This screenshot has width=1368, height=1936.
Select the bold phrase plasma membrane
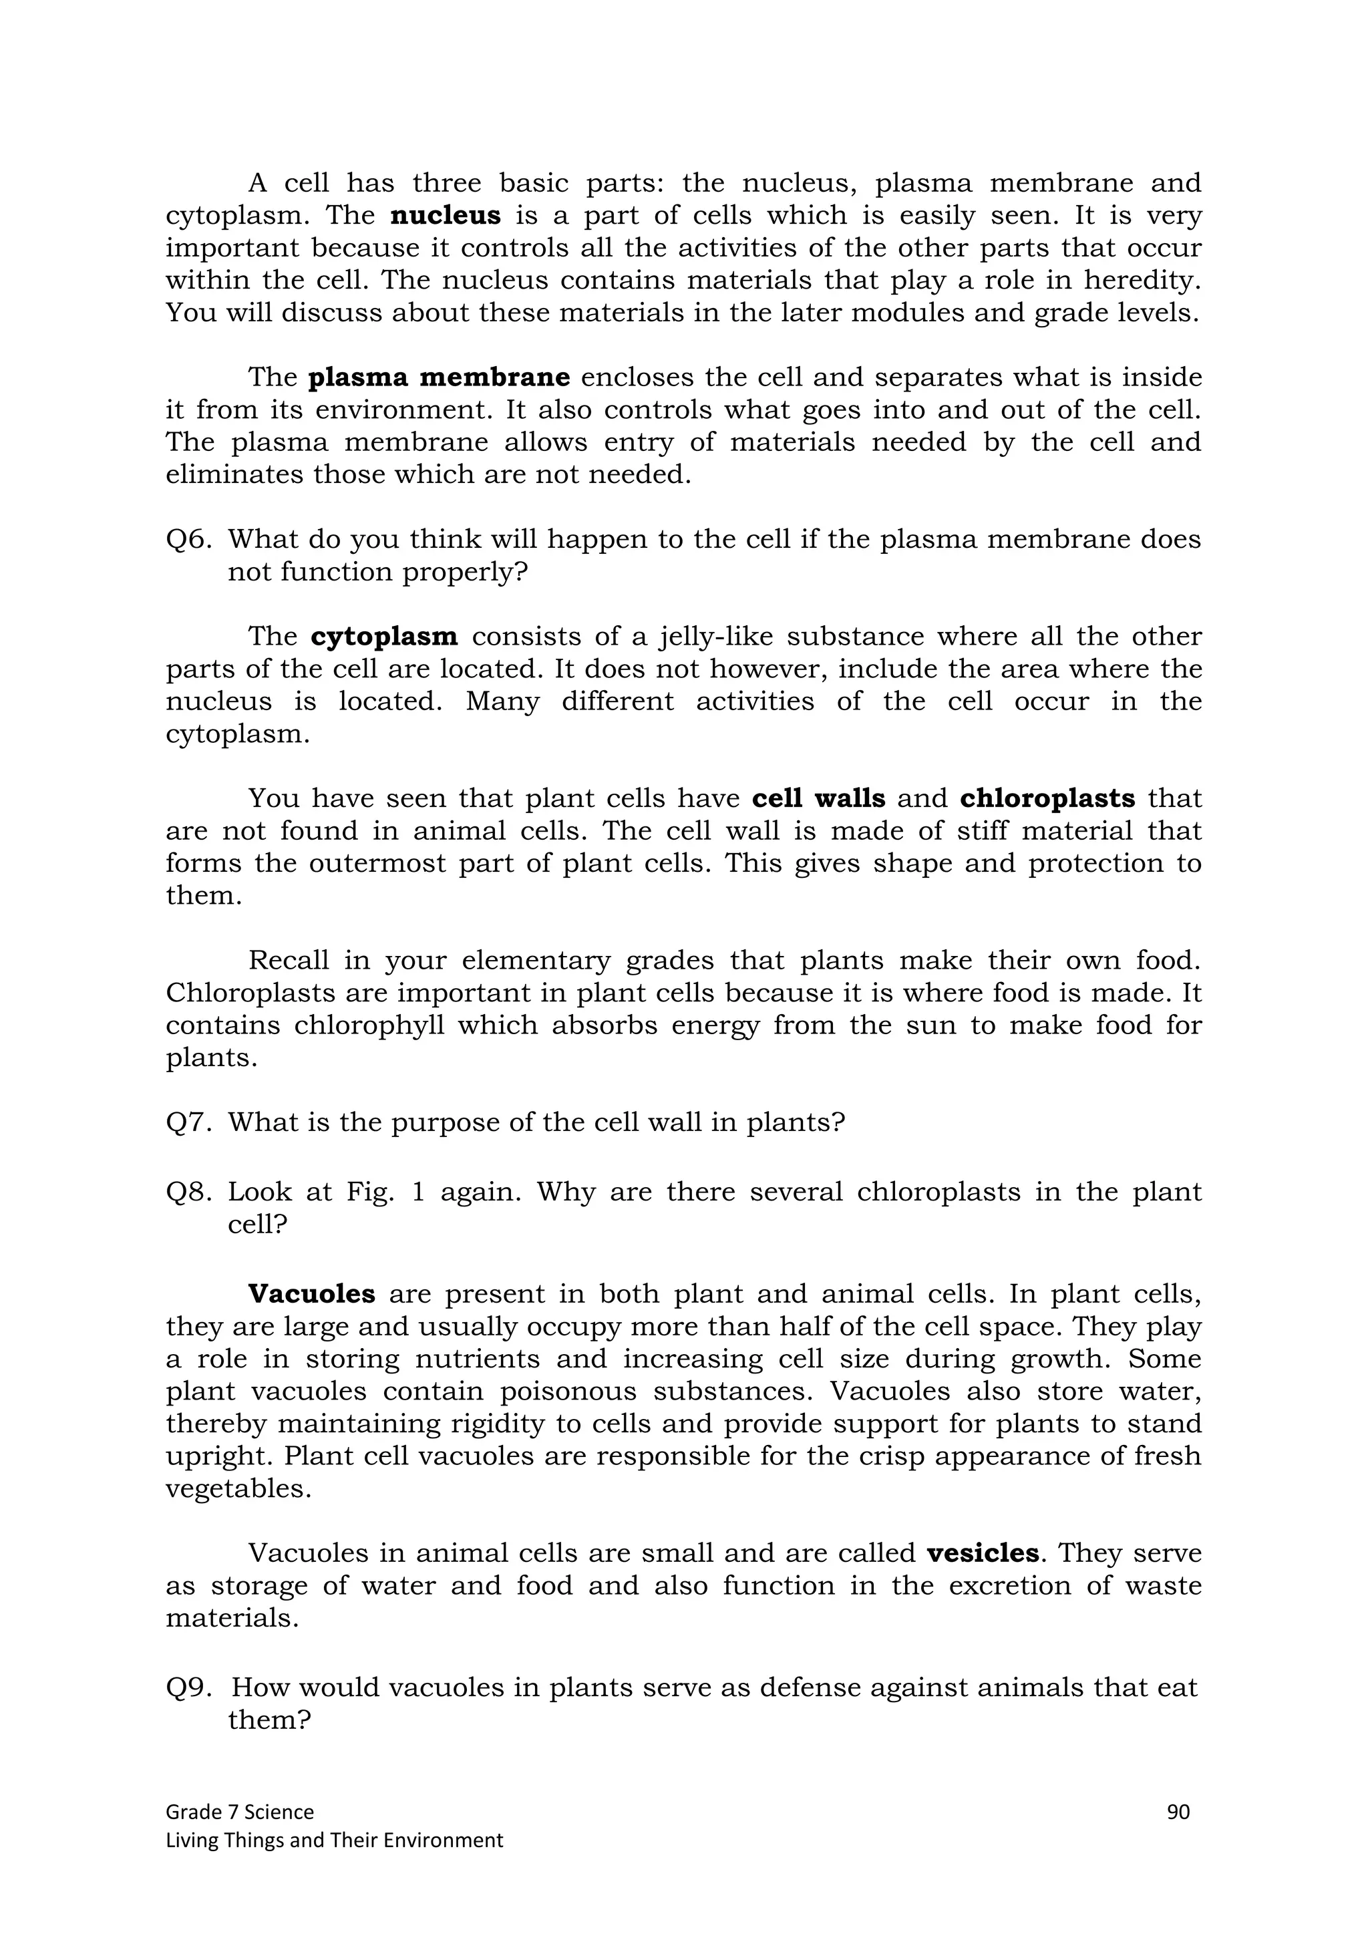pyautogui.click(x=438, y=377)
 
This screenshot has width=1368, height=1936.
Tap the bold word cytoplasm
pyautogui.click(x=383, y=637)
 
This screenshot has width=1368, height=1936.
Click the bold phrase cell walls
pyautogui.click(x=818, y=798)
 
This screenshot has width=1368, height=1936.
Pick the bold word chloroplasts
pyautogui.click(x=1047, y=798)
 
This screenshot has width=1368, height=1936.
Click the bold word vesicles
pyautogui.click(x=982, y=1553)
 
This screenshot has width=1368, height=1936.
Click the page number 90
pyautogui.click(x=1178, y=1811)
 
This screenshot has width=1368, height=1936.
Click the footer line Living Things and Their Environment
pyautogui.click(x=334, y=1840)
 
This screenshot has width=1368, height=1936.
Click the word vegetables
pyautogui.click(x=238, y=1489)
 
